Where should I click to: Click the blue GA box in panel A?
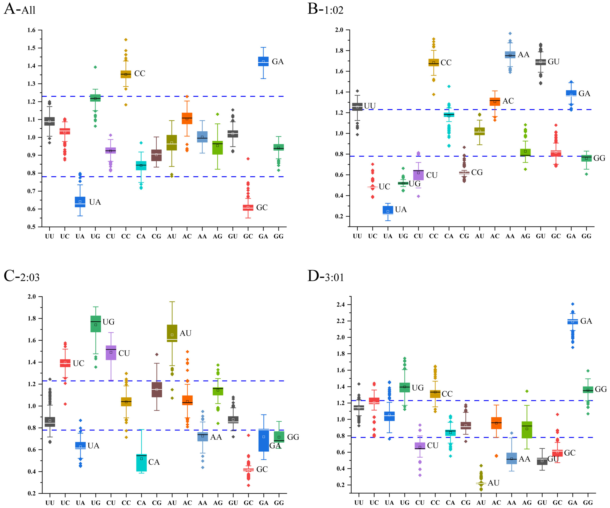click(x=263, y=61)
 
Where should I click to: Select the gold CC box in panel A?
click(x=126, y=74)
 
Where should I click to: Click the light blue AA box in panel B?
click(x=510, y=55)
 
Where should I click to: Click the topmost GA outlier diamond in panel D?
click(x=573, y=304)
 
